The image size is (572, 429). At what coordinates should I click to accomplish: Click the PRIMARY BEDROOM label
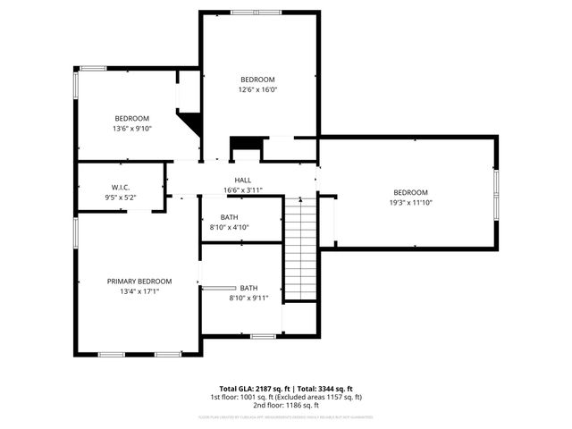coord(139,281)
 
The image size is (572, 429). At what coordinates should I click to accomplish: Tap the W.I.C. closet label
coord(120,187)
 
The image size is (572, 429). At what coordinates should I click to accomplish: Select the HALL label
coord(243,181)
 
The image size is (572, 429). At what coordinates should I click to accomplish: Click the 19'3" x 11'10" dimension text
coord(411,203)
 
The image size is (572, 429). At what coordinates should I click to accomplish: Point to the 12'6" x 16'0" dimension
coord(257,89)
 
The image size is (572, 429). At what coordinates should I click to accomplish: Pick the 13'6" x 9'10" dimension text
coord(132,129)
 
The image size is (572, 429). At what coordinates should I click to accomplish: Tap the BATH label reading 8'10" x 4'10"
coord(230,217)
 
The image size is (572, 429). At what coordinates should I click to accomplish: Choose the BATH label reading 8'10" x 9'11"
coord(248,288)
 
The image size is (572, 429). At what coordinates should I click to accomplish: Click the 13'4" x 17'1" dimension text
coord(139,290)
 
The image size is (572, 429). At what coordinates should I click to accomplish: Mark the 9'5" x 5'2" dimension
coord(120,197)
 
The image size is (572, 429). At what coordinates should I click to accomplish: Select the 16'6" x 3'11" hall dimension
coord(243,190)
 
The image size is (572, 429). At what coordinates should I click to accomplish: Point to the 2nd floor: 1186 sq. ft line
coord(286,405)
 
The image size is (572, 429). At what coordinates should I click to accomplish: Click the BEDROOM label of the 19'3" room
coord(411,193)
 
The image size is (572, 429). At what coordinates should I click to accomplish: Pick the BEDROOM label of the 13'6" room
coord(131,119)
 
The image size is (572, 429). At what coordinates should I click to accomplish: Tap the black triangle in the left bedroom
coord(189,121)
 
